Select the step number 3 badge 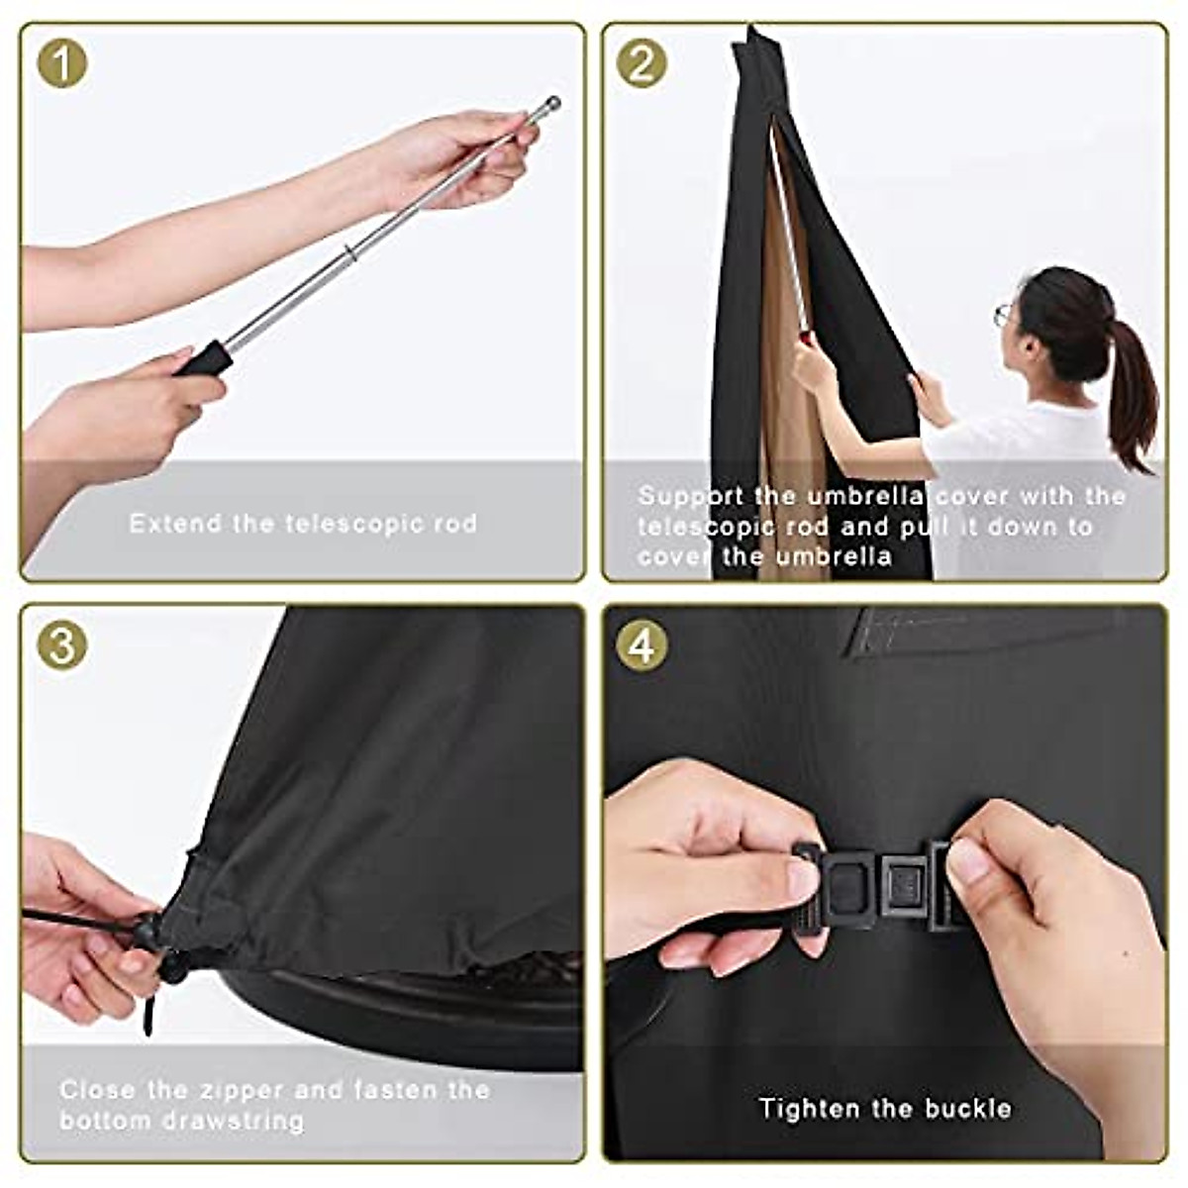pyautogui.click(x=61, y=645)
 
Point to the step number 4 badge pyautogui.click(x=642, y=645)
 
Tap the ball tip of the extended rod pyautogui.click(x=552, y=103)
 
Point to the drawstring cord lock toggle pyautogui.click(x=148, y=931)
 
